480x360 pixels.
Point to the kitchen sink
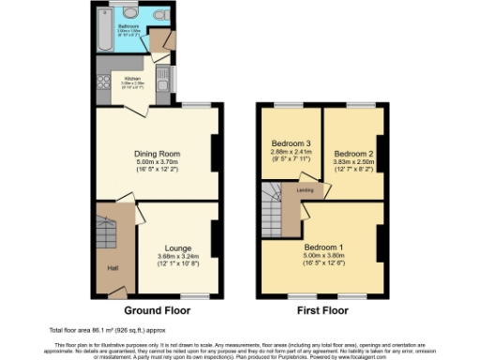coord(160,75)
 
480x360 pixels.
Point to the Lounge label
coord(176,249)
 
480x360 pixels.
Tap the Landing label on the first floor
coord(305,191)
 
